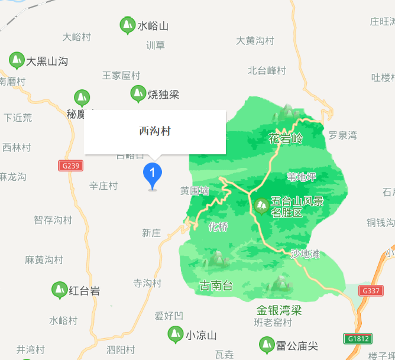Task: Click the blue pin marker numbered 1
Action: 153,173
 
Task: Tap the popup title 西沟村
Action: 155,131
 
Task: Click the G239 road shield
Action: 70,166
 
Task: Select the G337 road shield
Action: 371,291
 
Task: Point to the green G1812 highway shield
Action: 358,339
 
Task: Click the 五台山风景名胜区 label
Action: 297,207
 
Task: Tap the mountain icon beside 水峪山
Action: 127,25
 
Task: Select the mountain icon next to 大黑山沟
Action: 17,60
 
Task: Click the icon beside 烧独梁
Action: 138,93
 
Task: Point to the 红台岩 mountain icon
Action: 59,290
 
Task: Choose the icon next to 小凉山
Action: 175,334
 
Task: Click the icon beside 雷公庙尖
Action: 267,344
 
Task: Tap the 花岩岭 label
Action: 285,139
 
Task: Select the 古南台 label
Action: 216,286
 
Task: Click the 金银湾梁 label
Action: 279,310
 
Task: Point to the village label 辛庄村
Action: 103,186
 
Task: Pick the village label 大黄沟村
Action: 255,41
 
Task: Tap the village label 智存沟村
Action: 53,220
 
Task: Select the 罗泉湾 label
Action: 343,135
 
